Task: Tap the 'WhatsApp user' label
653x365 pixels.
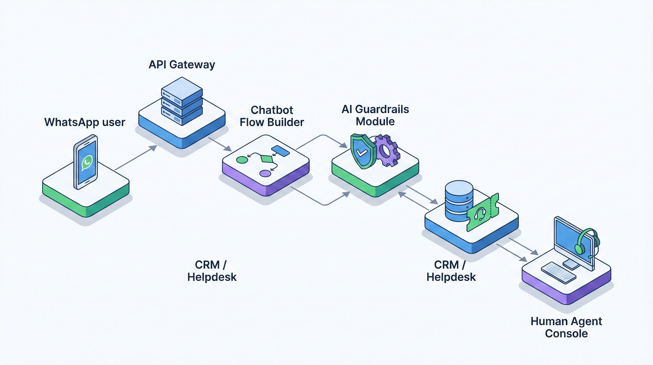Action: tap(85, 122)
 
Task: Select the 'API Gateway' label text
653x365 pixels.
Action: tap(182, 64)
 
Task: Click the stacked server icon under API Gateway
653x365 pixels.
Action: tap(182, 101)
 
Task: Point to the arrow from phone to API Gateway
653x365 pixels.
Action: tap(136, 158)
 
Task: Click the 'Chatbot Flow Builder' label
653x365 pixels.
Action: tap(272, 116)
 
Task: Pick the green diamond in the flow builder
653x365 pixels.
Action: tap(266, 159)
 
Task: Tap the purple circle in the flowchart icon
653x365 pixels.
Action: tap(265, 174)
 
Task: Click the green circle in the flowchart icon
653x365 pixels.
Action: tap(242, 160)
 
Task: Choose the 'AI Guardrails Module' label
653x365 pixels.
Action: tap(375, 115)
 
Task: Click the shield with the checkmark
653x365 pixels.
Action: tap(362, 152)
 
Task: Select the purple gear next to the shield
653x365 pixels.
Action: tap(387, 151)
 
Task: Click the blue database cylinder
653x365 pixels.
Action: tap(459, 201)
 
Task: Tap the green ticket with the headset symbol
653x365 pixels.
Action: tap(482, 213)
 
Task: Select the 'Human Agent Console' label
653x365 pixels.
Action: tap(566, 327)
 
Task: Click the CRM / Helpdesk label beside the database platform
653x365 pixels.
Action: tap(451, 271)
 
